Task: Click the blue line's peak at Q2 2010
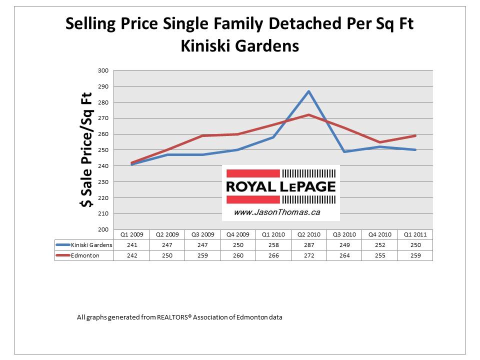308,91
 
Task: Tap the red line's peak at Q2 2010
308,114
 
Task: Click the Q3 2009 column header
202,234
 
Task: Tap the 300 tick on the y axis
103,70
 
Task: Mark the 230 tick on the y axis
103,182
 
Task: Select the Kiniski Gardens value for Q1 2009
131,245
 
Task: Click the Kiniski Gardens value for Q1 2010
273,245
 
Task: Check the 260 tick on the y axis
103,134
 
